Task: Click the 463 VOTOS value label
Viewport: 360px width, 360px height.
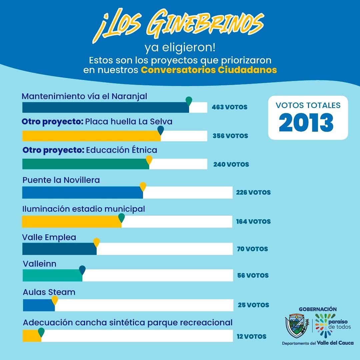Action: [230, 107]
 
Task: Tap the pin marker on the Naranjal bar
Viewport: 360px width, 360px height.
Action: [189, 101]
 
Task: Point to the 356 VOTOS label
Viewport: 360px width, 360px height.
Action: [230, 136]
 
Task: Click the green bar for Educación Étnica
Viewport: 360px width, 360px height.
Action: [85, 164]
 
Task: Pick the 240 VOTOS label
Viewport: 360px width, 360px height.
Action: [231, 164]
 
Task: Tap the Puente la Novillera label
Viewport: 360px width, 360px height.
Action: [61, 180]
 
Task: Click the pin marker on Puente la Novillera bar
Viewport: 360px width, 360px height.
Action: [143, 186]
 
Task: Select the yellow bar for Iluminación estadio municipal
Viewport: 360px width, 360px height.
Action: [72, 222]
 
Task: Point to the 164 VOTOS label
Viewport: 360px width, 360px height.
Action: [253, 221]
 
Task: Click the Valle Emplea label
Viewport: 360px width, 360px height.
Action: [49, 237]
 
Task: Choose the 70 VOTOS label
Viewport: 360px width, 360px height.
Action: [252, 249]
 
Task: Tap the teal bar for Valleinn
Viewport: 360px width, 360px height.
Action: [52, 275]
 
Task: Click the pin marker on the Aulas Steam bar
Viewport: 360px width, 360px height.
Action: [55, 300]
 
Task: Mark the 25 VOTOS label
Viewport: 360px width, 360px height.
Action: [253, 305]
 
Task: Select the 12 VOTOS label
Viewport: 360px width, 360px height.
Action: [252, 337]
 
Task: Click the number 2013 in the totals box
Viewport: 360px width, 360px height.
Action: [306, 123]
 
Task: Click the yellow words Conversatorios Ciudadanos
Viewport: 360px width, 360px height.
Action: [209, 70]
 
